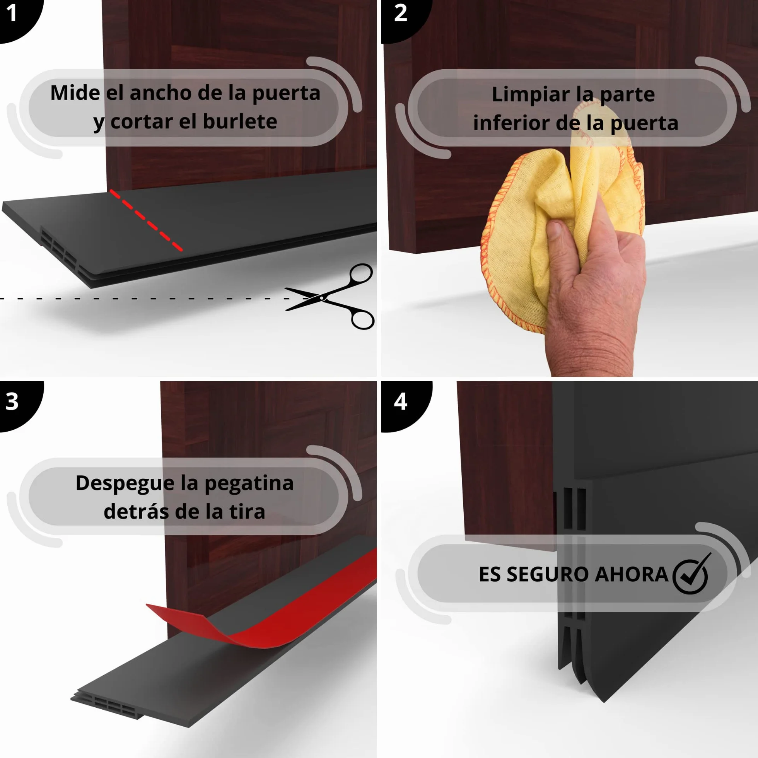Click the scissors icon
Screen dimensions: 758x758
[330, 297]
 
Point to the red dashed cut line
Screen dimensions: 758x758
[146, 220]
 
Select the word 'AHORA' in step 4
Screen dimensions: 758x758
[631, 574]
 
